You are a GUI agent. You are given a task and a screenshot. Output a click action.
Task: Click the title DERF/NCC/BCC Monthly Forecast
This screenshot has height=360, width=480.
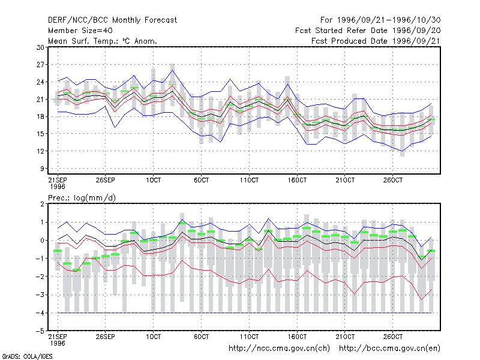(x=112, y=20)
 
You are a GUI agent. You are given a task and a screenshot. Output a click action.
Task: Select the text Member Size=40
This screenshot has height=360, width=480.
(x=80, y=31)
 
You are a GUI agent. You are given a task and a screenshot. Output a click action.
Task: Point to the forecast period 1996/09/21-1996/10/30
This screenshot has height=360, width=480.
(x=380, y=20)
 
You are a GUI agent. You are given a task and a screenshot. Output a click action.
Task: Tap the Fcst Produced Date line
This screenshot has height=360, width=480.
(x=376, y=41)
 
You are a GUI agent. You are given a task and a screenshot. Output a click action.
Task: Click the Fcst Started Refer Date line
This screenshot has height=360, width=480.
(x=368, y=31)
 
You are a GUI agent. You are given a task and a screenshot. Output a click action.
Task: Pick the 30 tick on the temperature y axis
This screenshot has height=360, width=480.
(x=40, y=47)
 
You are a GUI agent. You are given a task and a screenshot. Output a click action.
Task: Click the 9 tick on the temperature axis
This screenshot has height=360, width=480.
(x=42, y=169)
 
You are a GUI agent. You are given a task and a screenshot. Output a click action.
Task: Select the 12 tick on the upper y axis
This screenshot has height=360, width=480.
(x=40, y=151)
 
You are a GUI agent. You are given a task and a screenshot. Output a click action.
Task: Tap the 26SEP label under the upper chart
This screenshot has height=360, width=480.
(x=106, y=180)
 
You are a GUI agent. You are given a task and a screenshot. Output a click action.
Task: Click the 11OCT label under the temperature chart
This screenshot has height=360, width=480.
(x=249, y=180)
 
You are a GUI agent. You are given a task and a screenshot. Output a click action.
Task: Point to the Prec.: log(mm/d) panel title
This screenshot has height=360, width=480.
(x=82, y=198)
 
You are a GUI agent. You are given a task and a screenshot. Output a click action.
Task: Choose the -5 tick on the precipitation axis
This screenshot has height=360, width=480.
(x=40, y=331)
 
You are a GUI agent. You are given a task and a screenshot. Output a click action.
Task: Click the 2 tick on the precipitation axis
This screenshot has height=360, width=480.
(x=42, y=204)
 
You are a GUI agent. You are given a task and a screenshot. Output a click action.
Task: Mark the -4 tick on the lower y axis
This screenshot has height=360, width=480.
(x=40, y=313)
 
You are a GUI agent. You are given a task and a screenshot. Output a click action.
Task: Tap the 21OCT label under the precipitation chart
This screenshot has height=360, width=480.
(x=345, y=337)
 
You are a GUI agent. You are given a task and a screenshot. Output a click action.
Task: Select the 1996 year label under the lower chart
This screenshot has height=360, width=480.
(x=58, y=343)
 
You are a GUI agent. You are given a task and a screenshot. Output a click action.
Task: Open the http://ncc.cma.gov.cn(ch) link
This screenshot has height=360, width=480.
(x=280, y=349)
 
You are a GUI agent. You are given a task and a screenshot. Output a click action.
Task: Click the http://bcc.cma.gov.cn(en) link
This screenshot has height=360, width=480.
(x=389, y=349)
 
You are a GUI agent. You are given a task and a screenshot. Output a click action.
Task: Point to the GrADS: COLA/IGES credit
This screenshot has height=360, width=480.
(x=27, y=356)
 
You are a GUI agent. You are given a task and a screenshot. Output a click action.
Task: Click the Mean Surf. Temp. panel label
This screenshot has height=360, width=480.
(x=103, y=41)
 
